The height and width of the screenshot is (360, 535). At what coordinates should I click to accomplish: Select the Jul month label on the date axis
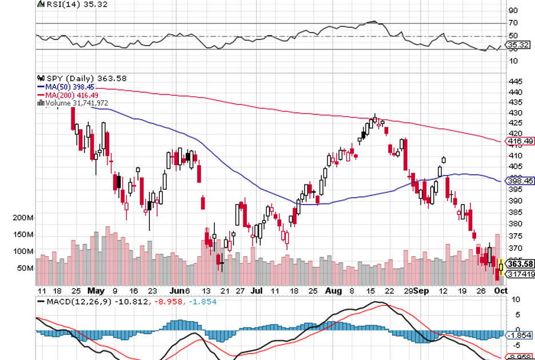(256, 290)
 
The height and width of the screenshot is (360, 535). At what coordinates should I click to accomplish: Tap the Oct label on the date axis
(500, 290)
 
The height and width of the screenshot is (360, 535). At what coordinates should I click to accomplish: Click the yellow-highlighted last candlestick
(501, 266)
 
